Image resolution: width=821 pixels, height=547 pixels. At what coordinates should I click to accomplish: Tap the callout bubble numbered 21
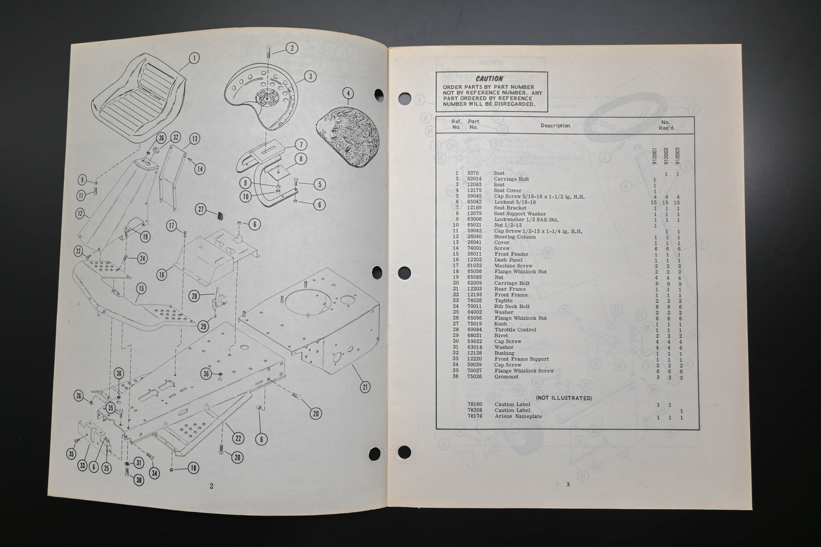click(x=364, y=387)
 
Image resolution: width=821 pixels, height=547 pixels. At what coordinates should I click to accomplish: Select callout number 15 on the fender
click(x=141, y=289)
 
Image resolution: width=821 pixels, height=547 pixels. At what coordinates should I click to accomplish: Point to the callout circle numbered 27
click(x=201, y=209)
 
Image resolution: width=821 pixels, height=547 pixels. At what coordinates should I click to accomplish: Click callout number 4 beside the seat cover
click(x=348, y=94)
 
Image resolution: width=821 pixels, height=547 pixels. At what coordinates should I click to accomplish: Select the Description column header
click(x=555, y=126)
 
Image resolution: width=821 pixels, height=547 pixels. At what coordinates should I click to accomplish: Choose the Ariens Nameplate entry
click(x=518, y=416)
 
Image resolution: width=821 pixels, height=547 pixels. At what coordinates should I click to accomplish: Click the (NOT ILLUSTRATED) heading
click(x=564, y=398)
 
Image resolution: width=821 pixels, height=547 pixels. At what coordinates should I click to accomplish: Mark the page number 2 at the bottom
click(x=211, y=486)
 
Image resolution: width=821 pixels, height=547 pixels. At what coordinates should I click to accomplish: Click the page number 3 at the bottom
click(x=567, y=484)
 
